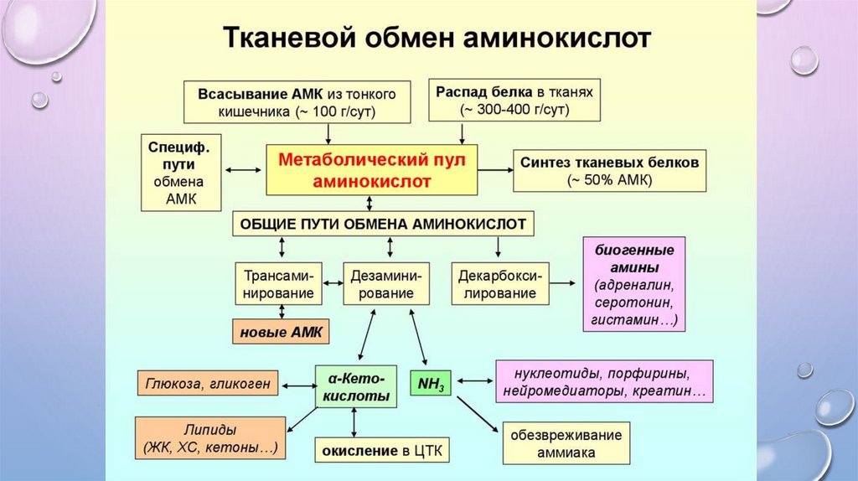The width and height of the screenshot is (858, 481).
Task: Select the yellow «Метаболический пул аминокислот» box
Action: pos(371,169)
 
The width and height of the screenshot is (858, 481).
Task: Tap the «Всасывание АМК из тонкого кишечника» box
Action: pos(297,101)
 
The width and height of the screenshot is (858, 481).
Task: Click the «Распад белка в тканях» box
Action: pos(514,101)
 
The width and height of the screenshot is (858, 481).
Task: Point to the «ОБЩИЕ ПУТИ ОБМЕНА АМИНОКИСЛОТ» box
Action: pos(383,224)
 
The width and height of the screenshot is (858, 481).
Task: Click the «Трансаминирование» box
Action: pos(278,284)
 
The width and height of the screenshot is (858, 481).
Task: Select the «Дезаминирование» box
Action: pos(387,284)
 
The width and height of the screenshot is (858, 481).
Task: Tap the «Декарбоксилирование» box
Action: pos(499,284)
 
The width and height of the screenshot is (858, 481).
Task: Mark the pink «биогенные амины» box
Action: pos(634,285)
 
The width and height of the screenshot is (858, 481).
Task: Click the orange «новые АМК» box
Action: pos(281,332)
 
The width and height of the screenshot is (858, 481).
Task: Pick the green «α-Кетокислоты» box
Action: pos(355,385)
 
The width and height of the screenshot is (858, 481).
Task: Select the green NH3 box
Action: pos(431,382)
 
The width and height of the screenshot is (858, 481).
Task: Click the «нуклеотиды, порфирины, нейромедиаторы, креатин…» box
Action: pos(604,382)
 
